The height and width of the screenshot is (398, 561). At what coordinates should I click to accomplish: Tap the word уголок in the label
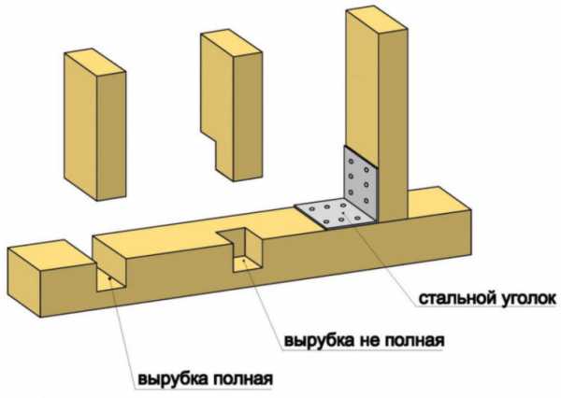pyautogui.click(x=525, y=299)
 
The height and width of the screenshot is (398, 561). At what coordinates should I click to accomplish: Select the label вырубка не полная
pyautogui.click(x=364, y=340)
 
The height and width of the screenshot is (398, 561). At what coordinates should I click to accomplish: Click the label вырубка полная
pyautogui.click(x=205, y=378)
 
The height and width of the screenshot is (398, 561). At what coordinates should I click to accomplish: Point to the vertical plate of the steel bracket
pyautogui.click(x=361, y=182)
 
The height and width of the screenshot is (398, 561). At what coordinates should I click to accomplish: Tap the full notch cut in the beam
pyautogui.click(x=110, y=263)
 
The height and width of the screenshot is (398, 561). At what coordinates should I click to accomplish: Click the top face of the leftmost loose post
pyautogui.click(x=94, y=62)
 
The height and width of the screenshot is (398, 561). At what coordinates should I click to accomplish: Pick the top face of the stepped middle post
pyautogui.click(x=232, y=44)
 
